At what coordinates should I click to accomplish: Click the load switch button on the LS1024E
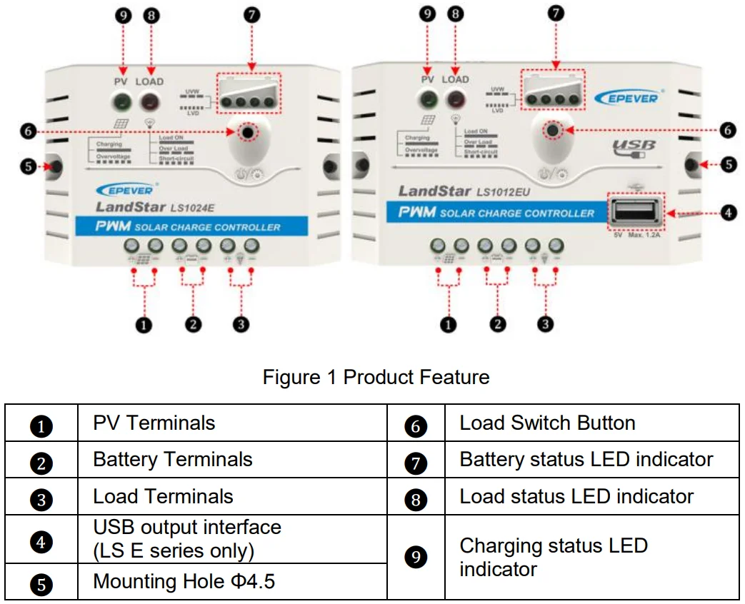pyautogui.click(x=247, y=132)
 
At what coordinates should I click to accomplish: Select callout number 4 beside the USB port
pyautogui.click(x=726, y=213)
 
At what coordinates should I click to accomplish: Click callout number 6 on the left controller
pyautogui.click(x=27, y=132)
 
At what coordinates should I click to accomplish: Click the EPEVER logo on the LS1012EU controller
pyautogui.click(x=625, y=98)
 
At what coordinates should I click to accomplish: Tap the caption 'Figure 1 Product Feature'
pyautogui.click(x=376, y=377)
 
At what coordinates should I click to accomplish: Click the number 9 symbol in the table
pyautogui.click(x=416, y=558)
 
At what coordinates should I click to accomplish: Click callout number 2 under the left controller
pyautogui.click(x=192, y=324)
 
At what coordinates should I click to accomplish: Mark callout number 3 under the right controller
pyautogui.click(x=545, y=324)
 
